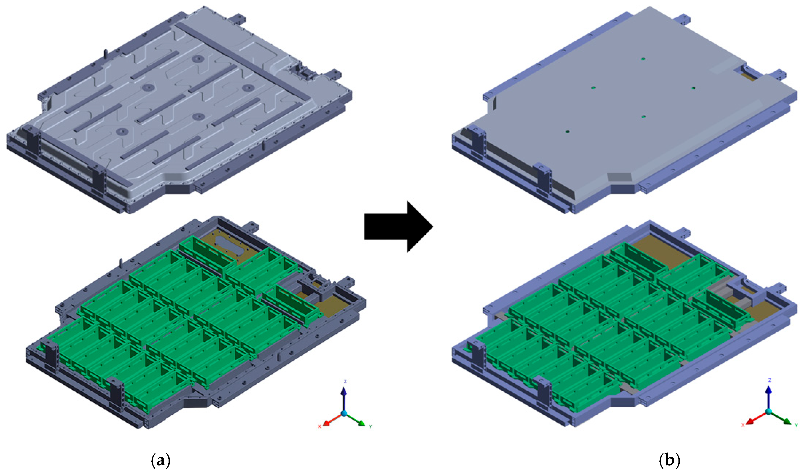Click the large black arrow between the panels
[399, 226]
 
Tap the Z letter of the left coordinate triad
[345, 381]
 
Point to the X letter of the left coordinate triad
[319, 426]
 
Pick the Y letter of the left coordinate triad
[370, 426]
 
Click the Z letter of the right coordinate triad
[770, 380]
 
